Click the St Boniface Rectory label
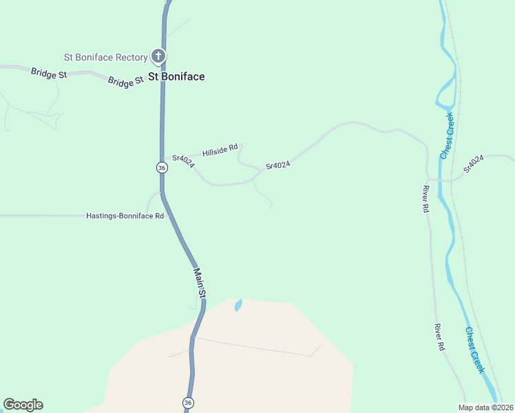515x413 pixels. pyautogui.click(x=105, y=57)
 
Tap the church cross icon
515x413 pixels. pyautogui.click(x=158, y=56)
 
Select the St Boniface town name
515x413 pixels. pyautogui.click(x=177, y=76)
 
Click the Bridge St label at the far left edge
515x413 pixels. pyautogui.click(x=48, y=72)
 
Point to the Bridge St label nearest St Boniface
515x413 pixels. pyautogui.click(x=125, y=82)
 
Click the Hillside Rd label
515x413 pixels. pyautogui.click(x=220, y=149)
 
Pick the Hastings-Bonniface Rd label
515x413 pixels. pyautogui.click(x=125, y=215)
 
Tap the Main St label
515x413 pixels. pyautogui.click(x=199, y=283)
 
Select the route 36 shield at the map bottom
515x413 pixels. pyautogui.click(x=188, y=403)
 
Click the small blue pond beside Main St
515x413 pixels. pyautogui.click(x=238, y=304)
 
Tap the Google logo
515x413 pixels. pyautogui.click(x=23, y=405)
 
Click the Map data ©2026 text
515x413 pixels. pyautogui.click(x=485, y=407)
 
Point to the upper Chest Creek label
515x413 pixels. pyautogui.click(x=447, y=136)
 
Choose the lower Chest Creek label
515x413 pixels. pyautogui.click(x=475, y=350)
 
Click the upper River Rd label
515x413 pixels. pyautogui.click(x=426, y=199)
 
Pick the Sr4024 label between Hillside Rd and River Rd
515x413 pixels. pyautogui.click(x=278, y=165)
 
